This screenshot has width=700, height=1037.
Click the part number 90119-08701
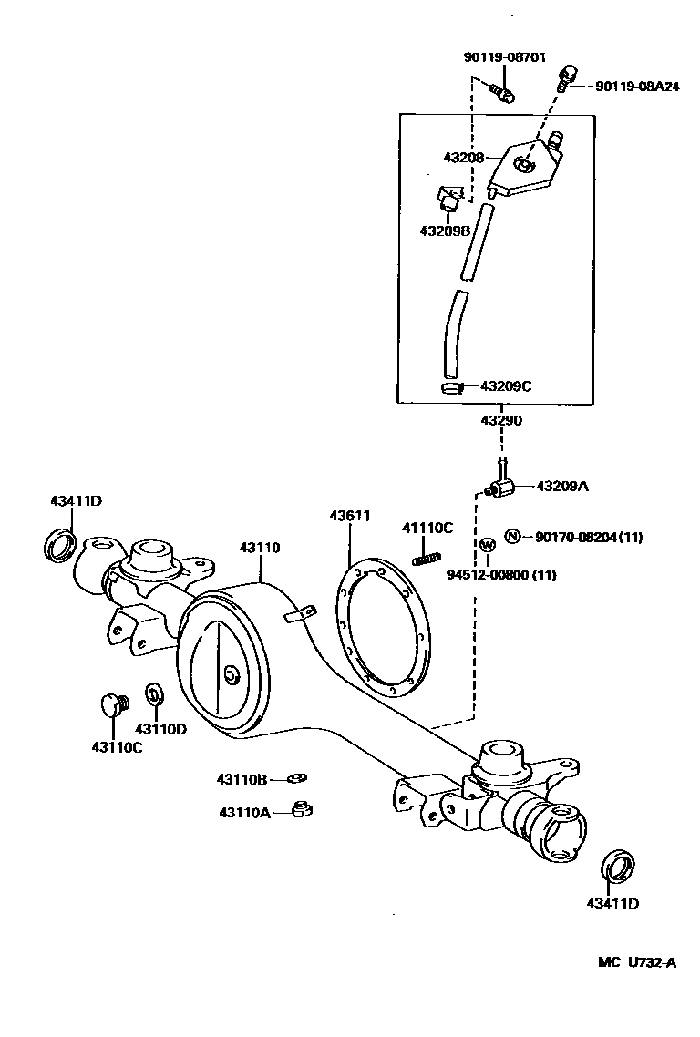(x=504, y=56)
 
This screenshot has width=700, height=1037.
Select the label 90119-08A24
(x=636, y=87)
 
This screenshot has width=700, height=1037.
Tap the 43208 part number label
(x=465, y=157)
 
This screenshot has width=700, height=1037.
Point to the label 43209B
(x=444, y=231)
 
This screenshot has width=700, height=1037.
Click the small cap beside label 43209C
(x=449, y=388)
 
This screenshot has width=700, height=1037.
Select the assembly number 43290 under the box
(x=500, y=421)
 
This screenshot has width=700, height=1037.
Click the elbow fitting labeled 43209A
(x=501, y=489)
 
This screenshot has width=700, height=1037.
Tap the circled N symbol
(x=512, y=537)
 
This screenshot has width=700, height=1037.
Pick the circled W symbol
(x=488, y=545)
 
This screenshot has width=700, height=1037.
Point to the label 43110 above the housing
(x=260, y=548)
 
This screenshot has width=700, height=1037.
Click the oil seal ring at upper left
(x=60, y=545)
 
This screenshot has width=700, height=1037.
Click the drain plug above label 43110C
(x=111, y=703)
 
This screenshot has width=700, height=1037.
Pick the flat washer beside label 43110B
(x=296, y=777)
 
